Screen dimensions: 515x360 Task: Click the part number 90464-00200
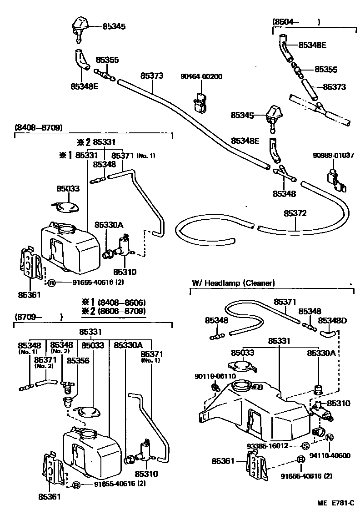tap(202, 76)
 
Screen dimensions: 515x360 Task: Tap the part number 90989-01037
tap(334, 156)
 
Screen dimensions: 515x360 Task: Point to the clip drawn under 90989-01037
tap(335, 180)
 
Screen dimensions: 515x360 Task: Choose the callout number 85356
tap(78, 360)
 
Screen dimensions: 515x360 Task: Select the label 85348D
tap(332, 321)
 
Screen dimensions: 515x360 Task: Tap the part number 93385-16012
tap(280, 446)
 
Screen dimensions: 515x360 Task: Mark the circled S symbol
tap(306, 446)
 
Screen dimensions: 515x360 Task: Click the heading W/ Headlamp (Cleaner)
tap(233, 283)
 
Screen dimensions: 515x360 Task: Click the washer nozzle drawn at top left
tap(80, 28)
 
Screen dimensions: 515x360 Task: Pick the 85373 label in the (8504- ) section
tap(335, 87)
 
